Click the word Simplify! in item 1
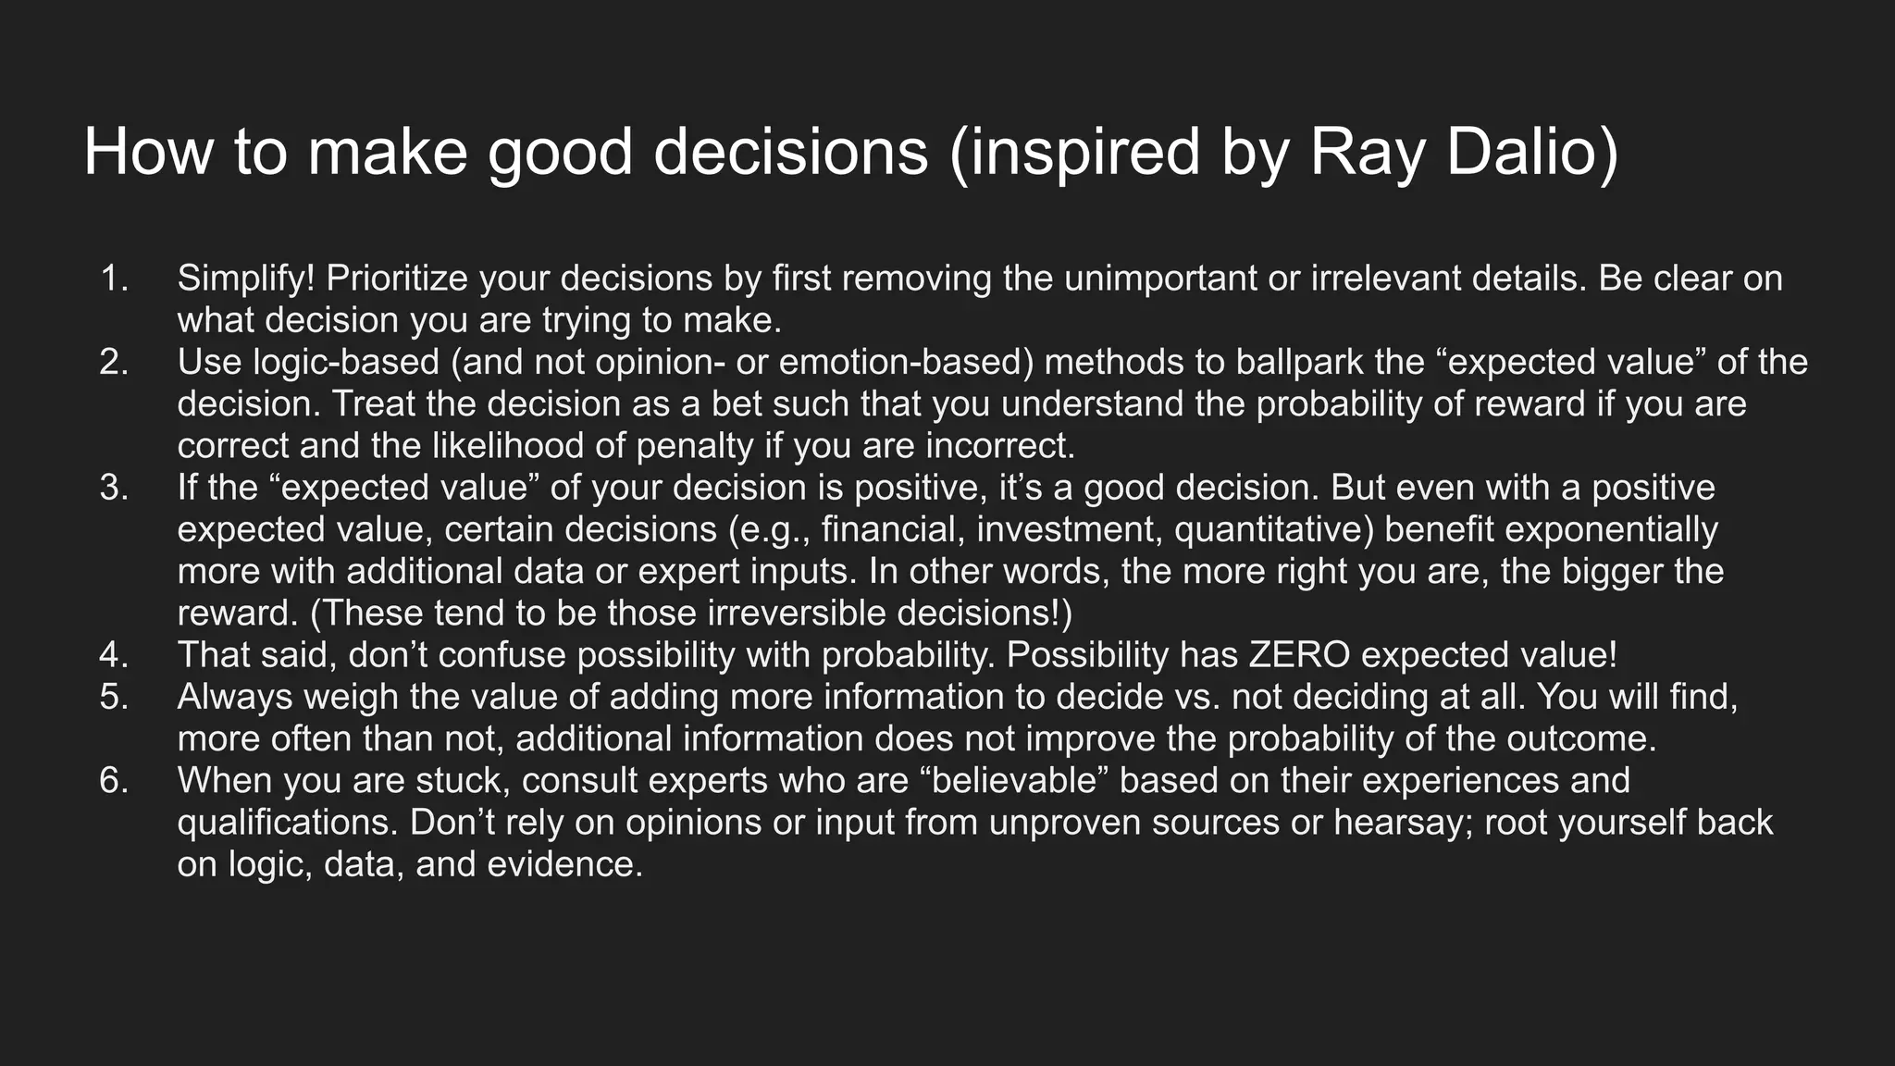(x=246, y=279)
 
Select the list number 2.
(x=114, y=362)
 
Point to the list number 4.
(x=114, y=655)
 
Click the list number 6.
(x=114, y=781)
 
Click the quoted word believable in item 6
(x=1015, y=781)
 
